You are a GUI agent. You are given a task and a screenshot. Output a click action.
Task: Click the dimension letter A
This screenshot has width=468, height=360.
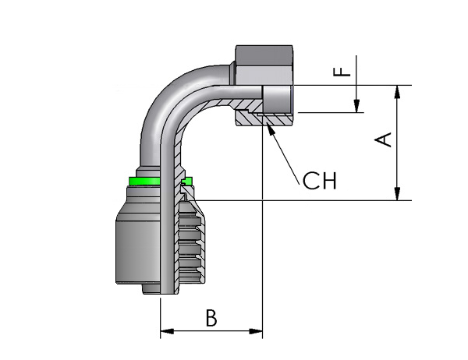pyautogui.click(x=383, y=139)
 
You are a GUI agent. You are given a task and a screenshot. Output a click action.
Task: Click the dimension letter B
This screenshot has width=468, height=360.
pyautogui.click(x=211, y=318)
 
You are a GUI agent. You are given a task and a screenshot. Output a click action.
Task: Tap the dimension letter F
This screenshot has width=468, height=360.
pyautogui.click(x=342, y=72)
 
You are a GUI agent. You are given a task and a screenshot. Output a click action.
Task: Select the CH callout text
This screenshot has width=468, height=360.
pyautogui.click(x=319, y=181)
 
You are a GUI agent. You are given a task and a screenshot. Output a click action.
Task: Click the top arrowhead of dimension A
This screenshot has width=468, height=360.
pyautogui.click(x=397, y=92)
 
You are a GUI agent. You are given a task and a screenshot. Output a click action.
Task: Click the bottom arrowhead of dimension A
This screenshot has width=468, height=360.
pyautogui.click(x=397, y=194)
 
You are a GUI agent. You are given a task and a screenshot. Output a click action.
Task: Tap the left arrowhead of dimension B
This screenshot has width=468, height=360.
pyautogui.click(x=167, y=331)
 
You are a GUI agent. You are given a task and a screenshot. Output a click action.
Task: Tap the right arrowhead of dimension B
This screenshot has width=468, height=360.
pyautogui.click(x=256, y=331)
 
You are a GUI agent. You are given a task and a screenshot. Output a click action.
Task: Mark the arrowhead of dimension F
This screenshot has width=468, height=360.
pyautogui.click(x=356, y=106)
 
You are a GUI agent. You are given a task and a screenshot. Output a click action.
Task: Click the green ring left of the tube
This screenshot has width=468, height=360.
pyautogui.click(x=144, y=181)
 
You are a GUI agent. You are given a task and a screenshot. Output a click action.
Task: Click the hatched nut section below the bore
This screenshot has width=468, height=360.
pyautogui.click(x=263, y=119)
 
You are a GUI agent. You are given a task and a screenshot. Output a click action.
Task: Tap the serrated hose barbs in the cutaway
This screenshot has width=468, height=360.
pyautogui.click(x=191, y=242)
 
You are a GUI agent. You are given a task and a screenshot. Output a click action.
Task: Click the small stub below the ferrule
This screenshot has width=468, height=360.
pyautogui.click(x=151, y=289)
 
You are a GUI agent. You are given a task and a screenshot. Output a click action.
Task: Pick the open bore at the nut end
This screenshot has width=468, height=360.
pyautogui.click(x=276, y=99)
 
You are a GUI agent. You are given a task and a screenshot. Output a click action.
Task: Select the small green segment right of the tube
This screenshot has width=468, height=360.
pyautogui.click(x=187, y=181)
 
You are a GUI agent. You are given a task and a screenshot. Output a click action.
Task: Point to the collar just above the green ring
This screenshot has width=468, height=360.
pyautogui.click(x=148, y=172)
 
